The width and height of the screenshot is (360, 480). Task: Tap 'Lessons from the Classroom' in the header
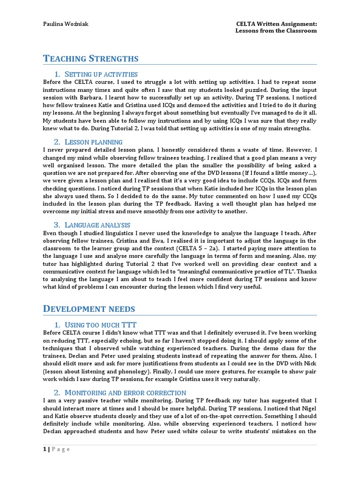(276, 30)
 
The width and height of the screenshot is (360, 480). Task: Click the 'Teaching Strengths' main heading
(91, 59)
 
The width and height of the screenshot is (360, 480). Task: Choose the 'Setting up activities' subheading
(101, 74)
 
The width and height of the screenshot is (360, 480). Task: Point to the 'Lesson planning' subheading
(93, 142)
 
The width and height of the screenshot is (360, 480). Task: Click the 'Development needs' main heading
(89, 308)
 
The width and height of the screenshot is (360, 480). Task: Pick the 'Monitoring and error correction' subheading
(125, 392)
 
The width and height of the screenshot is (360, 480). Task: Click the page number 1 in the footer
(45, 449)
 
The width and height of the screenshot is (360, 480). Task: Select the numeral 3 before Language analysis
(57, 225)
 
